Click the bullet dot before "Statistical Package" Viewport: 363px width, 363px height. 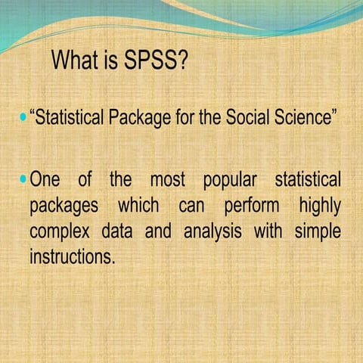(22, 119)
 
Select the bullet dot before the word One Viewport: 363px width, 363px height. (22, 181)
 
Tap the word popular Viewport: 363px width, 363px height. (229, 181)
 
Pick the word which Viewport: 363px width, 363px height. (138, 206)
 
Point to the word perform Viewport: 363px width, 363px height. (251, 206)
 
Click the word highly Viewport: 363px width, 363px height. (319, 206)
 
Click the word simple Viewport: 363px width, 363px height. (314, 231)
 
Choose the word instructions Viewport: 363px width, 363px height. (72, 256)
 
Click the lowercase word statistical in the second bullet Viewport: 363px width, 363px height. (307, 181)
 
